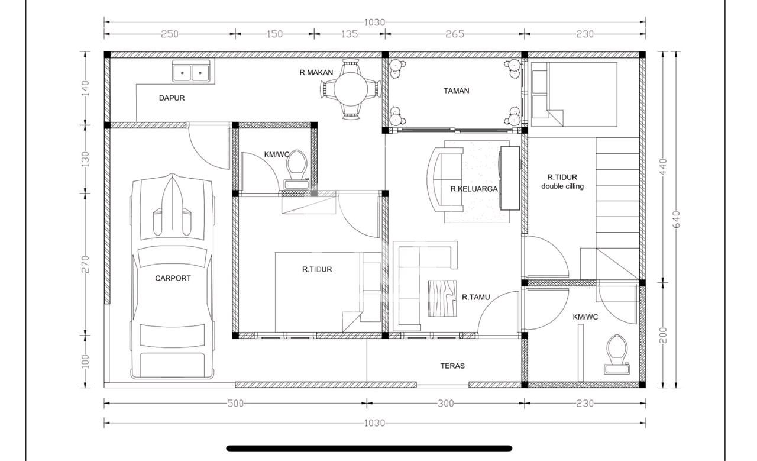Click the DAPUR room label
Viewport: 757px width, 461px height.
click(x=172, y=98)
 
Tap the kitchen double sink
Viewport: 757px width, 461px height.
click(x=191, y=72)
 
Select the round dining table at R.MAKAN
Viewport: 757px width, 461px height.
click(x=351, y=89)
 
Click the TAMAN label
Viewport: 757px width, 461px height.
click(x=456, y=91)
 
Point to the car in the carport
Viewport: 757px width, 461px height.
click(x=172, y=276)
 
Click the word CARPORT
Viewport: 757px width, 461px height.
click(x=173, y=278)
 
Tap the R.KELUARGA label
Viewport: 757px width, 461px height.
click(x=474, y=189)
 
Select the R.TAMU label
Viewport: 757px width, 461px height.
click(x=476, y=297)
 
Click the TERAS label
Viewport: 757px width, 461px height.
click(x=452, y=366)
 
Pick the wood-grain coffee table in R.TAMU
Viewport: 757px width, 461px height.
click(x=442, y=298)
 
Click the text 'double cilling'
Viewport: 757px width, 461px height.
click(x=562, y=186)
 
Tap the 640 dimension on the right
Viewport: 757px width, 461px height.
click(x=677, y=220)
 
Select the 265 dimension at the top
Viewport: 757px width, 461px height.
click(x=455, y=34)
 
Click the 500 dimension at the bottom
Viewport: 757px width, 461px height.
click(x=235, y=404)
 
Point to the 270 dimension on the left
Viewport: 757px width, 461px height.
click(x=86, y=264)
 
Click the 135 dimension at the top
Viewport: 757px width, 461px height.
click(x=350, y=34)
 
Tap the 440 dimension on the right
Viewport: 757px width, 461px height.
click(x=663, y=167)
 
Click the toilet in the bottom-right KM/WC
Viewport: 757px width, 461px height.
click(x=617, y=354)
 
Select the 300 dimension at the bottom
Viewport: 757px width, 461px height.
click(x=446, y=404)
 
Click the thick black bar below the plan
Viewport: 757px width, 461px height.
click(x=369, y=449)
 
